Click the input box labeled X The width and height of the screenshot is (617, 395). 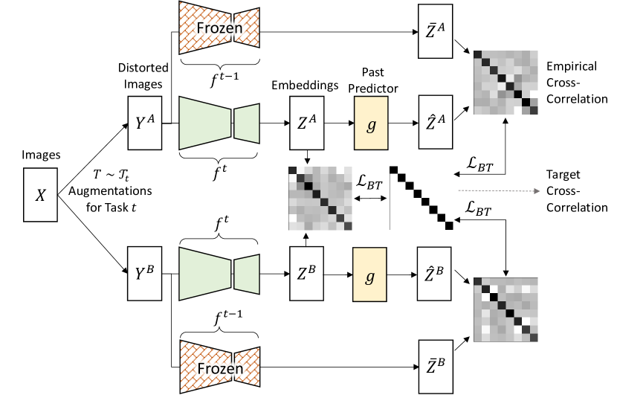click(40, 195)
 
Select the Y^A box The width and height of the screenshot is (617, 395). click(144, 123)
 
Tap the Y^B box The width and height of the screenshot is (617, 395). click(144, 274)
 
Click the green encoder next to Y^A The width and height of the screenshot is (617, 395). click(219, 123)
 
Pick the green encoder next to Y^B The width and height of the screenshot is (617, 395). click(219, 274)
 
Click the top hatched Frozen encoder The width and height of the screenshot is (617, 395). click(219, 28)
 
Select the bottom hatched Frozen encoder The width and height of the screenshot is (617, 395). click(219, 367)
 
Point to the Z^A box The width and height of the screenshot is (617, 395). click(307, 123)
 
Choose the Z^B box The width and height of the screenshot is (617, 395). click(307, 274)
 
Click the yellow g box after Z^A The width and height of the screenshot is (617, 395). click(371, 123)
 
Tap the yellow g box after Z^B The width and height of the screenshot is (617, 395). click(369, 274)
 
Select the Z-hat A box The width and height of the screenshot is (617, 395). click(435, 122)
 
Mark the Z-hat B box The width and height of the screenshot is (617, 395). click(435, 274)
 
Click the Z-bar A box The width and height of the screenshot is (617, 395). click(435, 31)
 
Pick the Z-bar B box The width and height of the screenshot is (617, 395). click(436, 366)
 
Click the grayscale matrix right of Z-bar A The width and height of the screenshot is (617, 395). click(505, 83)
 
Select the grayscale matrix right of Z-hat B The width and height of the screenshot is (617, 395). click(505, 309)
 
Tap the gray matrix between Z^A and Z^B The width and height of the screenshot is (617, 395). click(321, 199)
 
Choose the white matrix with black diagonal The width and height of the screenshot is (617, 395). click(421, 197)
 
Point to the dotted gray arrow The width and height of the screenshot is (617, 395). click(498, 191)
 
